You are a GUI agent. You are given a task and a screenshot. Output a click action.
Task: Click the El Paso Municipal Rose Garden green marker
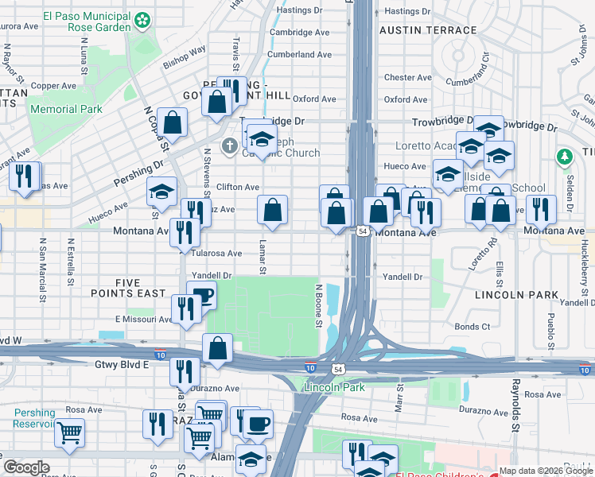pyautogui.click(x=143, y=20)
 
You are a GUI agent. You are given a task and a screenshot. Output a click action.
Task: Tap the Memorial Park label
pyautogui.click(x=68, y=109)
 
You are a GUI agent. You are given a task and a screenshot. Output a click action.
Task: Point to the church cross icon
pyautogui.click(x=229, y=145)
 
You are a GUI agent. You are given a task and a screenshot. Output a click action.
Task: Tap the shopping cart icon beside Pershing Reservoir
pyautogui.click(x=70, y=432)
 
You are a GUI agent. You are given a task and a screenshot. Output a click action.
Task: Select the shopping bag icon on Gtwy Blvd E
pyautogui.click(x=217, y=348)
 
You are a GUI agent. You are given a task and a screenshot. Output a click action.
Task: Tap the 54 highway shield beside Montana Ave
pyautogui.click(x=362, y=231)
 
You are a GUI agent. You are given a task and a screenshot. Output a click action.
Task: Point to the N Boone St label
pyautogui.click(x=318, y=305)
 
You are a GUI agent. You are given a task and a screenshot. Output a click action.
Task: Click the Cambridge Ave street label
pyautogui.click(x=299, y=33)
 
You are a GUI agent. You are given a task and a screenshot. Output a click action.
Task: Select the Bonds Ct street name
pyautogui.click(x=472, y=327)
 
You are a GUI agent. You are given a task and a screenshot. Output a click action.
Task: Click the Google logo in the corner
pyautogui.click(x=27, y=467)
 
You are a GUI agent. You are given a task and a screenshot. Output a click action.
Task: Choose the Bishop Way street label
pyautogui.click(x=185, y=55)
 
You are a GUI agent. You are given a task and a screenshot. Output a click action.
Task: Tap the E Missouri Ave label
pyautogui.click(x=143, y=320)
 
